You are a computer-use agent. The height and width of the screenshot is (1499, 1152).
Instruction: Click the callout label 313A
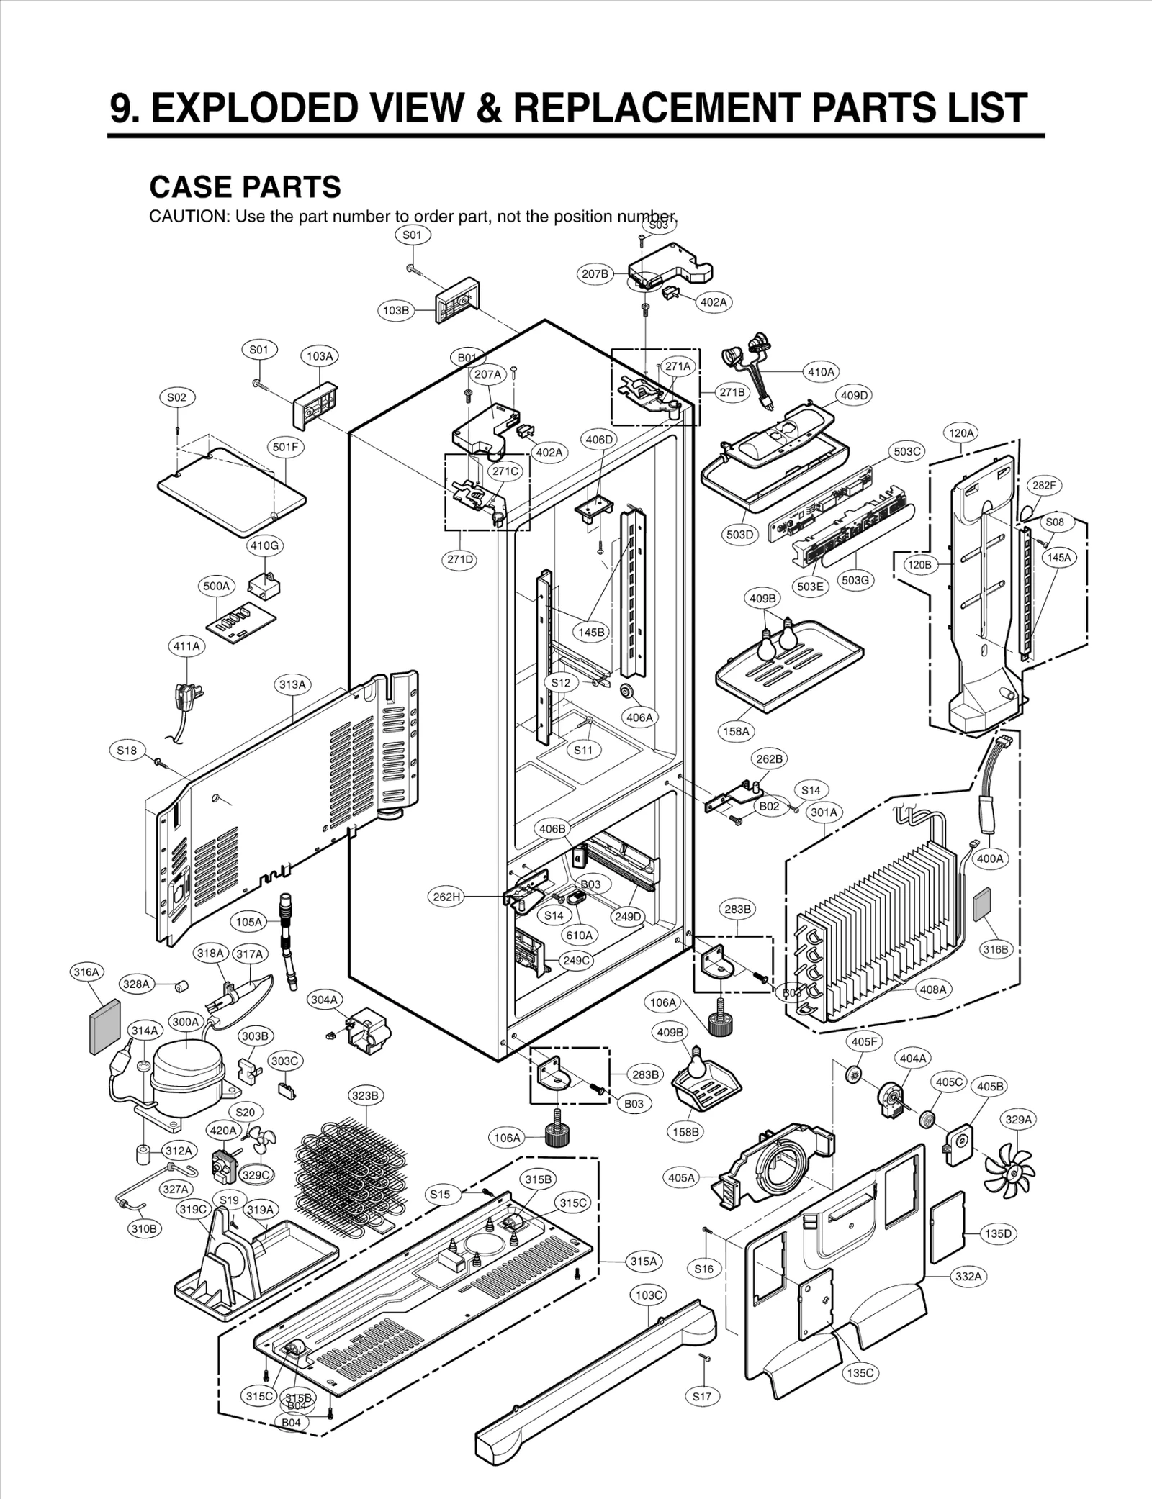tap(293, 684)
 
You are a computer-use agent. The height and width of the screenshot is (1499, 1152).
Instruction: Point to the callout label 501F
tap(286, 447)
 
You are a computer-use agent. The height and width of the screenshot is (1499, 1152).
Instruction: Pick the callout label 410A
tap(821, 372)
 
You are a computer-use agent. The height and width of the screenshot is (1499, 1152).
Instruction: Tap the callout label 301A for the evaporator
tap(824, 812)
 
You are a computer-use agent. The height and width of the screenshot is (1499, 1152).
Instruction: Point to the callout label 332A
tap(968, 1276)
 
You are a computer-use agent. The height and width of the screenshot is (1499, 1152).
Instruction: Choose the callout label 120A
tap(961, 433)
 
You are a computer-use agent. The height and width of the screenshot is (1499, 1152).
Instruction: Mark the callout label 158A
tap(736, 731)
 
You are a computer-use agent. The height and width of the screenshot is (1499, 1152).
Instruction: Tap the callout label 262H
tap(446, 897)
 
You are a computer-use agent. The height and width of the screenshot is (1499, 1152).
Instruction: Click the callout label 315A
tap(644, 1262)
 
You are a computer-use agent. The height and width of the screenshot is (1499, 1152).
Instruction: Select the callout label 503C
tap(906, 452)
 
